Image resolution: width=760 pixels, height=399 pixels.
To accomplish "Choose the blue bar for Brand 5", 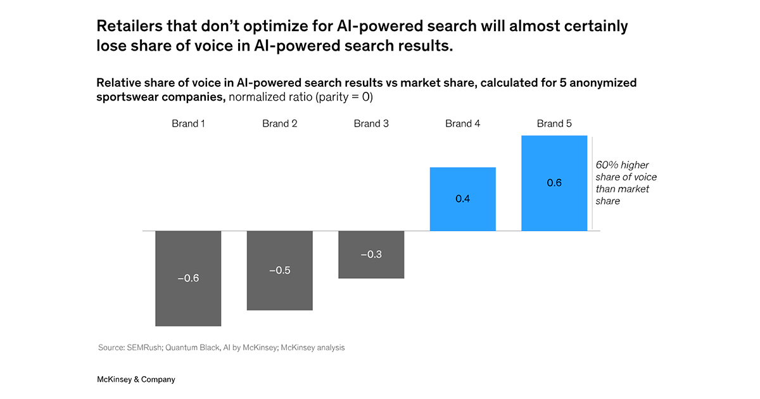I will point(554,158).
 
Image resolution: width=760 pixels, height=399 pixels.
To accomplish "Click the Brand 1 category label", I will point(188,123).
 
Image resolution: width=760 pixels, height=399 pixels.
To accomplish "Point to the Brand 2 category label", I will point(279,123).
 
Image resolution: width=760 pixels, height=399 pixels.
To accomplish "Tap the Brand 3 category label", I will point(371,123).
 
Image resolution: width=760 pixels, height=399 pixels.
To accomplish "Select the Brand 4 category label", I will point(462,123).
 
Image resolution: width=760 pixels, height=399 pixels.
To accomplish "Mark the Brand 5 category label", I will point(554,123).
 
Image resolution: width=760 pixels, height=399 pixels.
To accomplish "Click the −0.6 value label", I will point(188,278).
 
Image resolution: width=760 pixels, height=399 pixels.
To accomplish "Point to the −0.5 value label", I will point(279,270).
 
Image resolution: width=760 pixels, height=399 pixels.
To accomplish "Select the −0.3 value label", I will point(371,255).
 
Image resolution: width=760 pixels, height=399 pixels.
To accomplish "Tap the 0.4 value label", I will point(462,199).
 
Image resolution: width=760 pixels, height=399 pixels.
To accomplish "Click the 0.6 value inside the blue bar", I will point(554,183).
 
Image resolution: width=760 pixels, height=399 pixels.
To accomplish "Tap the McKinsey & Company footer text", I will point(136,379).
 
